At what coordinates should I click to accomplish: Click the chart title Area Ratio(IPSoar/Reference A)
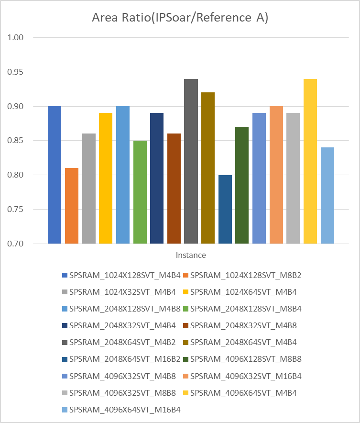click(x=180, y=18)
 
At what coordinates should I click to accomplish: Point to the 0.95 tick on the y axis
click(x=17, y=72)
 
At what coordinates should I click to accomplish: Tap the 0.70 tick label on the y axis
click(x=17, y=244)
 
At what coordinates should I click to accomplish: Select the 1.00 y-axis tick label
click(x=17, y=37)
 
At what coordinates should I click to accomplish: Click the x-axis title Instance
click(x=191, y=255)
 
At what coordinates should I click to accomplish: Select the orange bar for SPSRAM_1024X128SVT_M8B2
click(x=72, y=206)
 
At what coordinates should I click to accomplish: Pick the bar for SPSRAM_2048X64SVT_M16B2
click(x=225, y=209)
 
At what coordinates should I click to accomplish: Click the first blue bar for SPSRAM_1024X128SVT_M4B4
click(x=55, y=175)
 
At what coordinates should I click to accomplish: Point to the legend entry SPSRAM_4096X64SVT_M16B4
click(x=124, y=410)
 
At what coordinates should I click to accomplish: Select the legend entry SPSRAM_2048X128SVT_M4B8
click(x=124, y=309)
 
